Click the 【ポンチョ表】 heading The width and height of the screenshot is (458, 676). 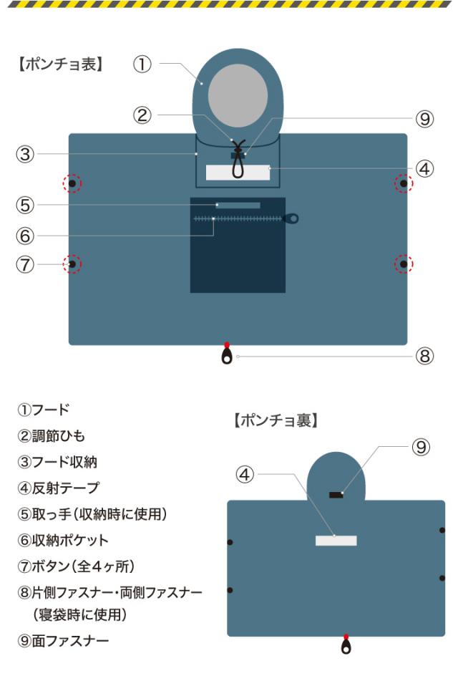59,65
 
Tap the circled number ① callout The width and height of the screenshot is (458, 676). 142,64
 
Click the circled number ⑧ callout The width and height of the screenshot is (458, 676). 425,356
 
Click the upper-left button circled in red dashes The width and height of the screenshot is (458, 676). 72,184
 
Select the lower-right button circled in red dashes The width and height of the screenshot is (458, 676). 404,264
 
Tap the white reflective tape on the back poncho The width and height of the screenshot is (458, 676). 336,540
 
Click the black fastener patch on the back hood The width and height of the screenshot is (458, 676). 336,495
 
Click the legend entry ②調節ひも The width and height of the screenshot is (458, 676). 53,436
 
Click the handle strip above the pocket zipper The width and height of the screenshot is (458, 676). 238,206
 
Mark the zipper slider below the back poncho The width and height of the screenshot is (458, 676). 346,646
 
